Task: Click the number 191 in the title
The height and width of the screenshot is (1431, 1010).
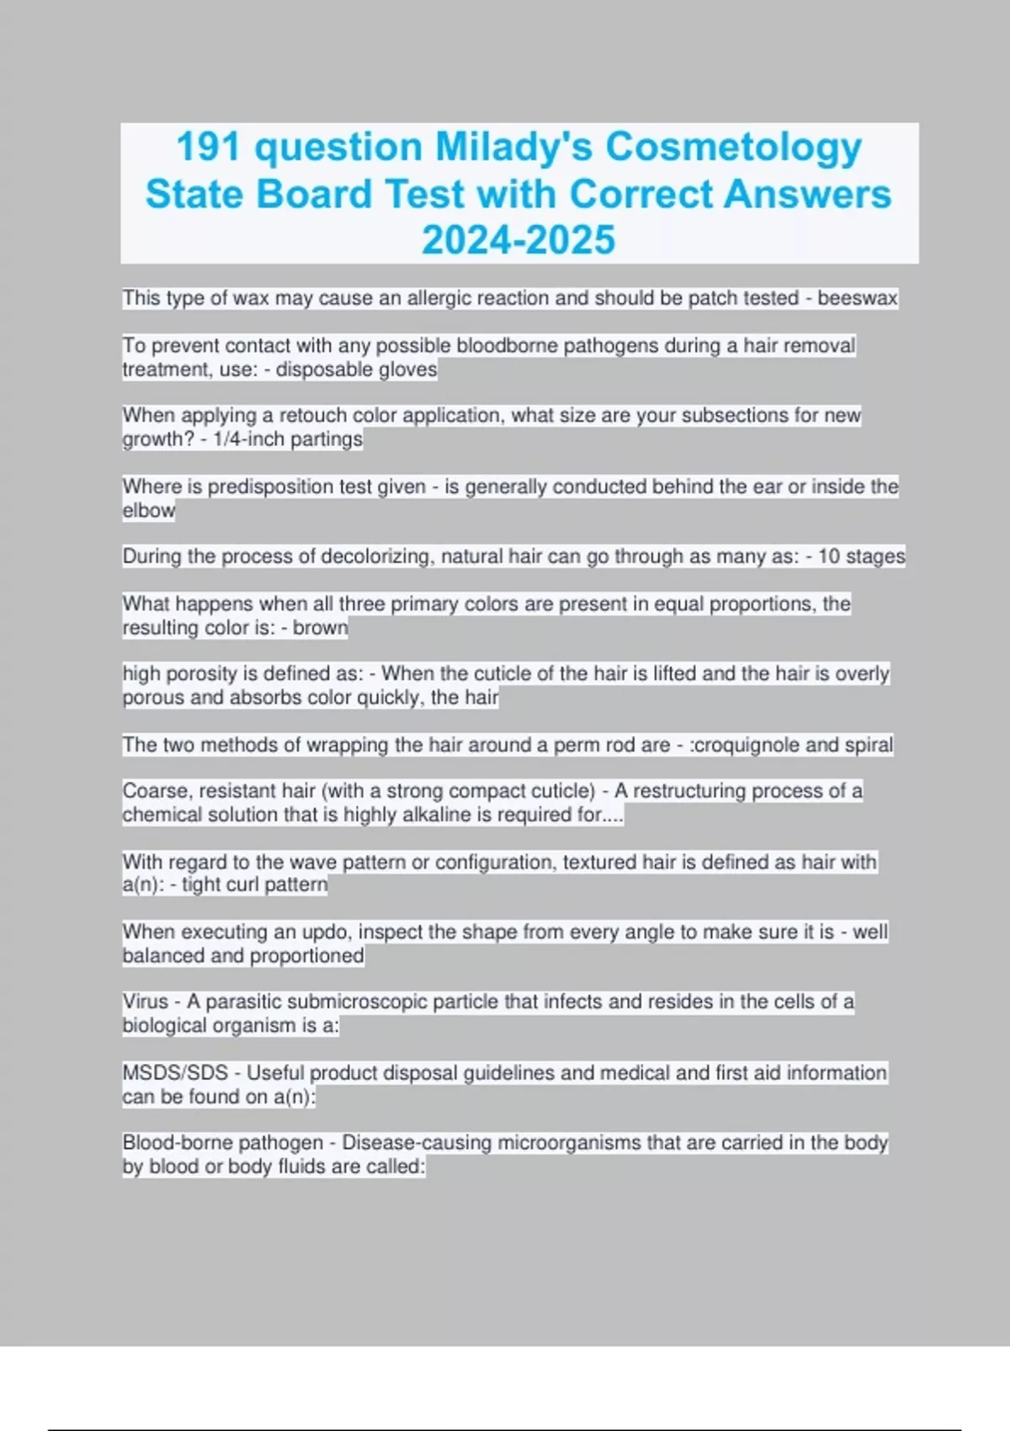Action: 210,147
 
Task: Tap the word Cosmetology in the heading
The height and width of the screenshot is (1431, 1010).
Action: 733,147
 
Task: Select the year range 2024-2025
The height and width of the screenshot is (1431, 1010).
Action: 518,240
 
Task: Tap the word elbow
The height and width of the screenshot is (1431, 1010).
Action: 149,510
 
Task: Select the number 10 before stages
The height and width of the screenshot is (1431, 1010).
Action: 828,556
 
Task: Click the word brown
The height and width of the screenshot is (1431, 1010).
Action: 320,628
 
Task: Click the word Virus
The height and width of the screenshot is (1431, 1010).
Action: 146,1002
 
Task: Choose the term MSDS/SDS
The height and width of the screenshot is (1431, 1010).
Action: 175,1073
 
